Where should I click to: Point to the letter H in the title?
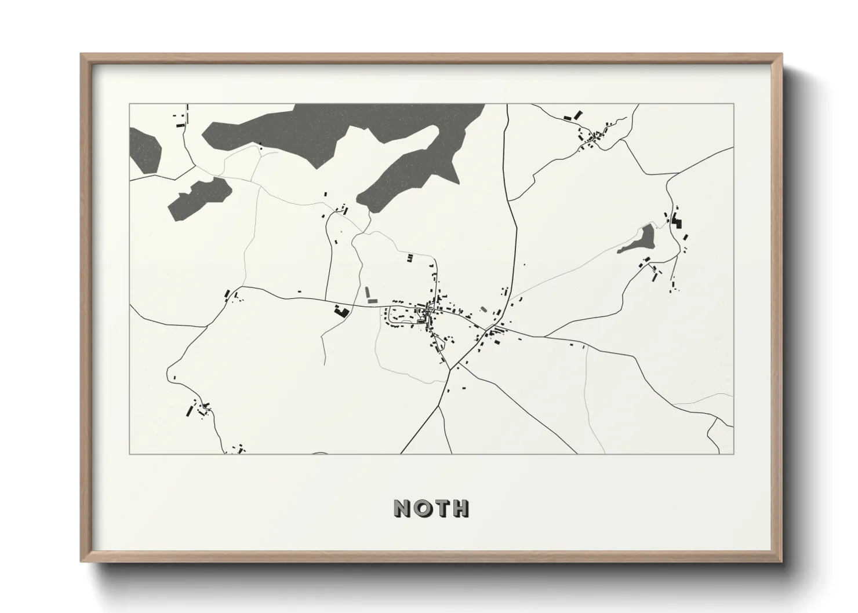tap(460, 508)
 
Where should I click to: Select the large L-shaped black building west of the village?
tap(341, 312)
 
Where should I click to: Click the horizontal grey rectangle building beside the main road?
tap(372, 301)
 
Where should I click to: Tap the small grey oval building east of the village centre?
tap(483, 309)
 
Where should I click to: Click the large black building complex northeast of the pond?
tap(677, 221)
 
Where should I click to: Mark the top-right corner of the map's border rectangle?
tap(733, 104)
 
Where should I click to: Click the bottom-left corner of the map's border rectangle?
tap(130, 454)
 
